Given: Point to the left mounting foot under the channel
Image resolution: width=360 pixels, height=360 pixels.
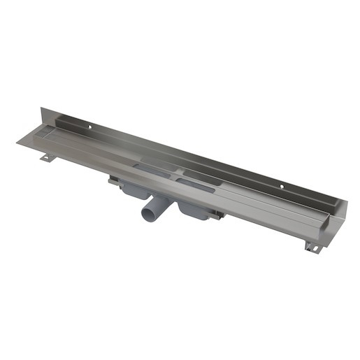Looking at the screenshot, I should click(45, 157).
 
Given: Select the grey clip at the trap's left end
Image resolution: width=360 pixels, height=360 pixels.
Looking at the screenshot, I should click(113, 180).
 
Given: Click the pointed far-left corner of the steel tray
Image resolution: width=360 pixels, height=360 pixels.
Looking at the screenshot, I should click(17, 143).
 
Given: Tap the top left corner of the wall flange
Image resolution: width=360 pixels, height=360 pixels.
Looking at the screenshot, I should click(41, 109).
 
